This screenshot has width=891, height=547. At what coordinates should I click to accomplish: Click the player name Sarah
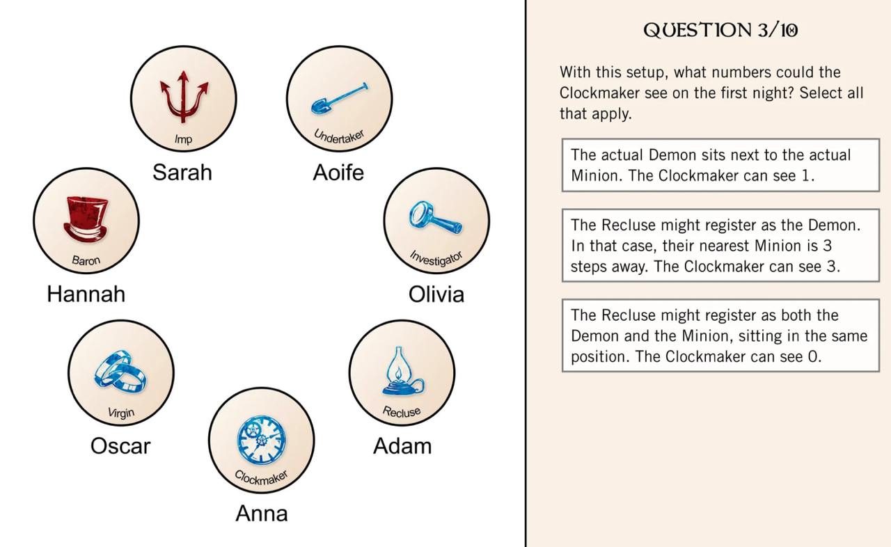tap(182, 173)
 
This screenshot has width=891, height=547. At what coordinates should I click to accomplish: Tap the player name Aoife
tap(338, 173)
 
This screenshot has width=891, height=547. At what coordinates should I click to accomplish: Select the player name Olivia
tap(436, 294)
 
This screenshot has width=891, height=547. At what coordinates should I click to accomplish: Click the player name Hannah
tap(86, 294)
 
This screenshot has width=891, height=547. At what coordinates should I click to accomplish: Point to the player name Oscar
tap(120, 445)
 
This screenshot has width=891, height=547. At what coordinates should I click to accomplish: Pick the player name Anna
tap(262, 514)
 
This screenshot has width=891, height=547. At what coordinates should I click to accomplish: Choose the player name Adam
tap(402, 445)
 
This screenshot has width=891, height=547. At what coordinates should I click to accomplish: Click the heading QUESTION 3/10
tap(720, 31)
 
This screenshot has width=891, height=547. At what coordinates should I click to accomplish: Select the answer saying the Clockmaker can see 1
tap(720, 165)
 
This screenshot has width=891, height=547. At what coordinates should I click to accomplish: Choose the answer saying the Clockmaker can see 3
tap(720, 246)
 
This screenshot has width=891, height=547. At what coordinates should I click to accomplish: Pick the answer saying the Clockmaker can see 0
tap(720, 335)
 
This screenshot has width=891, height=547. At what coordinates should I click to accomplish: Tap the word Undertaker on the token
tap(339, 136)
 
